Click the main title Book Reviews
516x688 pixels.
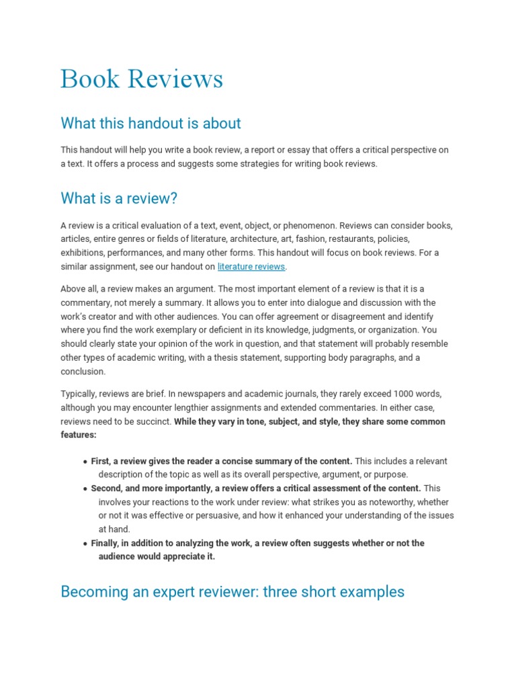[x=141, y=79]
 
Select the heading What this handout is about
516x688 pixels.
[x=150, y=123]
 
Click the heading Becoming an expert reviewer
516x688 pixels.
[x=232, y=591]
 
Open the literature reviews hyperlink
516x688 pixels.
[x=251, y=267]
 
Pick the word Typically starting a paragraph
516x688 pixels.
[x=79, y=394]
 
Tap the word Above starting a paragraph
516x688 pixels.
[x=73, y=289]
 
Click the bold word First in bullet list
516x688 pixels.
[x=100, y=461]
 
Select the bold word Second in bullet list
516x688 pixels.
[x=106, y=488]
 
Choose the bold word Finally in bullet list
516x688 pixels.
[x=105, y=543]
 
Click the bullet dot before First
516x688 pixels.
[x=85, y=462]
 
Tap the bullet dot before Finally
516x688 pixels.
[x=85, y=544]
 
